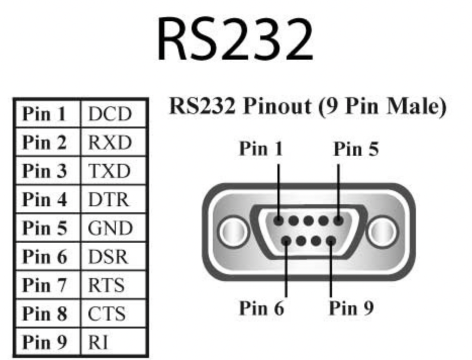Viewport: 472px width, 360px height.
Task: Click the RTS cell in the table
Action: pos(106,286)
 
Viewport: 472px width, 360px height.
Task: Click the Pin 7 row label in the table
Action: pos(44,286)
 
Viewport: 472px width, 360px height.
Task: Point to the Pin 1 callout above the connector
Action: pos(261,150)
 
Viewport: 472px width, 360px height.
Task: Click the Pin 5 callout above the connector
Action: pos(356,150)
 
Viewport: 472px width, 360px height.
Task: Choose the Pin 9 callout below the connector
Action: pos(351,307)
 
